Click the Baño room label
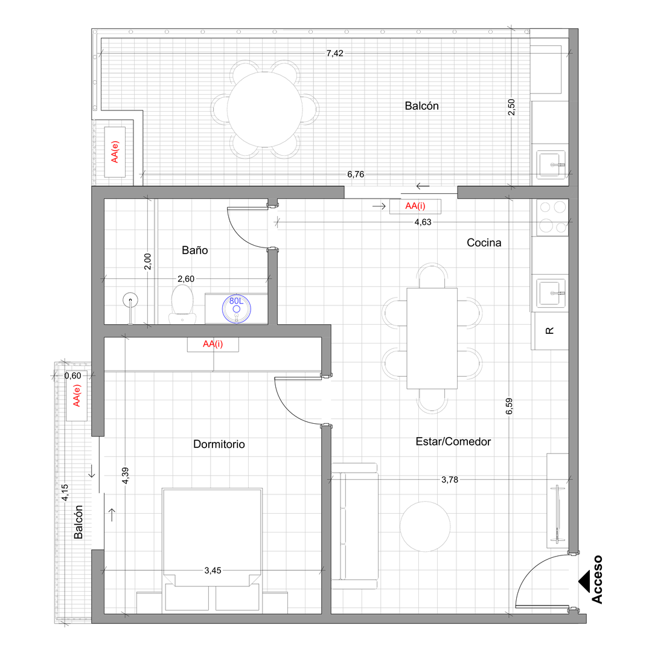point(194,251)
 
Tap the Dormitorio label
point(219,444)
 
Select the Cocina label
point(484,243)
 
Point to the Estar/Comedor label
point(453,441)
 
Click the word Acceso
point(597,579)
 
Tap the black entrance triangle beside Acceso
point(584,581)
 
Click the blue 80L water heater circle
point(237,308)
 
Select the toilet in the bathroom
point(182,304)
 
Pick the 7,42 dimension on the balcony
point(334,53)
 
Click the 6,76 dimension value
point(356,174)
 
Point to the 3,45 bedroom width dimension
point(213,570)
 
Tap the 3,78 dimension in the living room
point(450,479)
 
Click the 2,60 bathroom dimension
point(186,278)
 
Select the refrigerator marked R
point(550,331)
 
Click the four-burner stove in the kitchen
point(552,217)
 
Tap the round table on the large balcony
point(264,110)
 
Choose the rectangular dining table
point(432,339)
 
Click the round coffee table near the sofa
point(425,526)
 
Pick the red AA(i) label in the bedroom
point(213,344)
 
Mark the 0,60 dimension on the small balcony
point(73,376)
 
